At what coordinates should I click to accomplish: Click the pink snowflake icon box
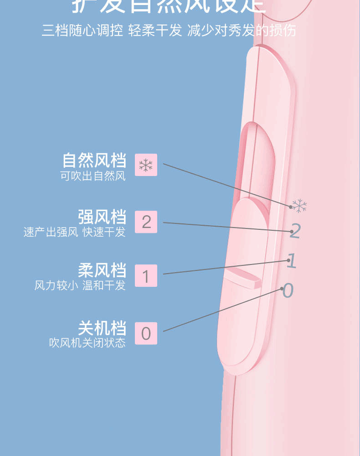pyautogui.click(x=146, y=165)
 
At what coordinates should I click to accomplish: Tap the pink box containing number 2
pyautogui.click(x=146, y=222)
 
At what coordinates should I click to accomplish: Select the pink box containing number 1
pyautogui.click(x=146, y=276)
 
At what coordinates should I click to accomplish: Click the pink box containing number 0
pyautogui.click(x=146, y=333)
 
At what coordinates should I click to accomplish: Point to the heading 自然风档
pyautogui.click(x=94, y=161)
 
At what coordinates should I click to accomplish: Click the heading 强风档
pyautogui.click(x=102, y=217)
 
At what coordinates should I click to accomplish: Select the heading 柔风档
pyautogui.click(x=102, y=270)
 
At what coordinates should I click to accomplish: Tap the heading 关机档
pyautogui.click(x=102, y=328)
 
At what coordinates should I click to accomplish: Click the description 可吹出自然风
pyautogui.click(x=93, y=176)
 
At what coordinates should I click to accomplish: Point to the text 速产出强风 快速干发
pyautogui.click(x=74, y=232)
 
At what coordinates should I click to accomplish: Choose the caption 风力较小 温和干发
pyautogui.click(x=80, y=286)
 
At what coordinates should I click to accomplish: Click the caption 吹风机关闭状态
pyautogui.click(x=87, y=343)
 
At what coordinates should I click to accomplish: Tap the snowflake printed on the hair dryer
pyautogui.click(x=299, y=206)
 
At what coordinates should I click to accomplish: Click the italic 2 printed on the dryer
pyautogui.click(x=295, y=231)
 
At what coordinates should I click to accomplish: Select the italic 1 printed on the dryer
pyautogui.click(x=292, y=261)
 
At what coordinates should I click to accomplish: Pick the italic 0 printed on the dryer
pyautogui.click(x=288, y=290)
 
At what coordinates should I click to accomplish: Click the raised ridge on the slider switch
pyautogui.click(x=242, y=278)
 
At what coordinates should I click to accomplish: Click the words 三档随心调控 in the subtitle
pyautogui.click(x=82, y=31)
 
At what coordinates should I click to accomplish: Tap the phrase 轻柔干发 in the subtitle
pyautogui.click(x=155, y=31)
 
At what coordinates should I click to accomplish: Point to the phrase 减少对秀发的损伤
pyautogui.click(x=242, y=31)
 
